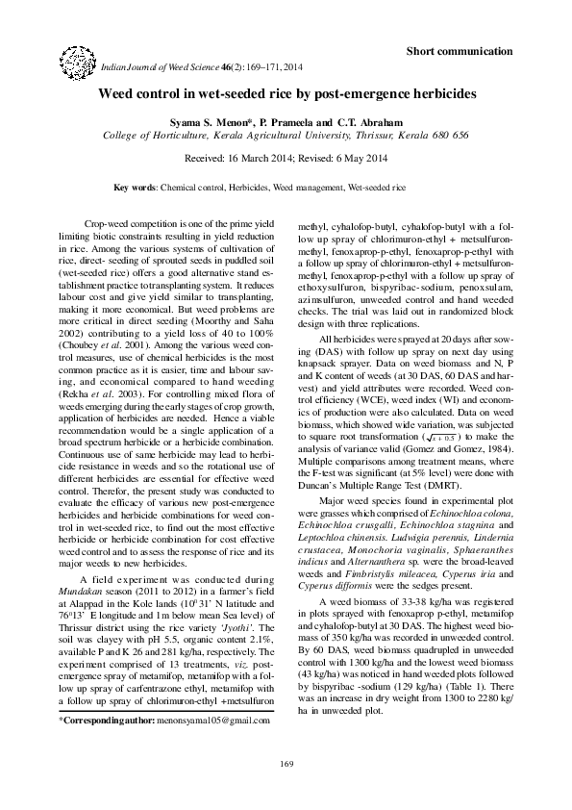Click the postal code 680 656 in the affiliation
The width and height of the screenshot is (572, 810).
click(x=446, y=137)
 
